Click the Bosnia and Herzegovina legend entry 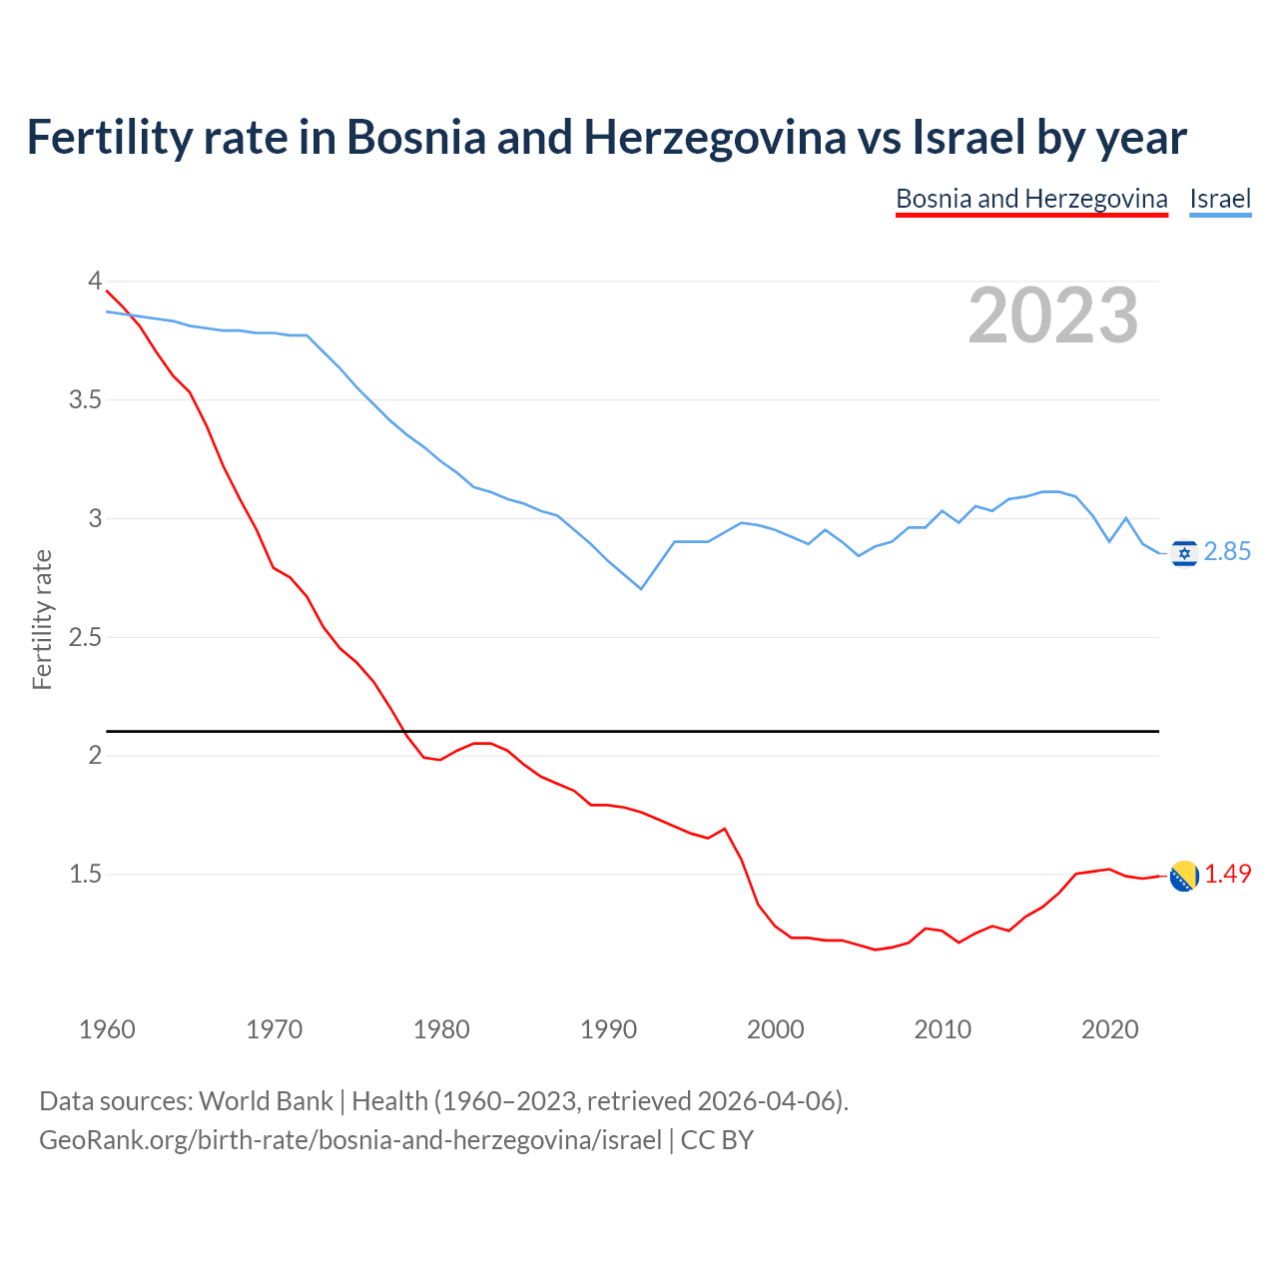[1031, 199]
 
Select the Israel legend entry [1220, 199]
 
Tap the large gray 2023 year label [1053, 316]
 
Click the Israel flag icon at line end [1184, 552]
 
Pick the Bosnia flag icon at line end [1184, 876]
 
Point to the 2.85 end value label [1227, 552]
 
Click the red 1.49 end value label [1227, 875]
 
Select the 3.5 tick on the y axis [86, 400]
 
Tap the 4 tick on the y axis [95, 282]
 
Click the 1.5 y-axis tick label [86, 875]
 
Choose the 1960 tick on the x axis [107, 1029]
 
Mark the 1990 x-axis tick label [608, 1029]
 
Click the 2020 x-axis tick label [1109, 1029]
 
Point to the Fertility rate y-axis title [42, 619]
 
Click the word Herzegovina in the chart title [715, 138]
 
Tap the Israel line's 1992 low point [641, 589]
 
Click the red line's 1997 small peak [725, 829]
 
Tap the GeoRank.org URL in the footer [349, 1139]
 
